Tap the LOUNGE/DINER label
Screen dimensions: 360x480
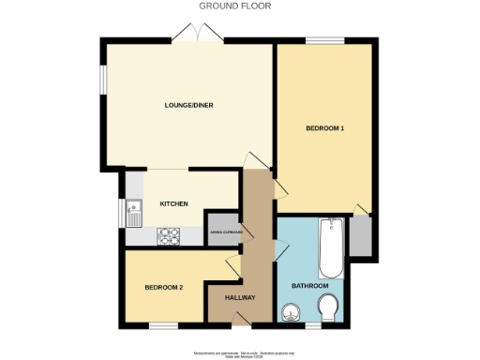[189, 105]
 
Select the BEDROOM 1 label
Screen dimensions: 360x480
[324, 127]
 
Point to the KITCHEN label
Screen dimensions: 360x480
[174, 203]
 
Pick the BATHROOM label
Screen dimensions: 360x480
[309, 285]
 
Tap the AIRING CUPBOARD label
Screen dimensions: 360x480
[225, 232]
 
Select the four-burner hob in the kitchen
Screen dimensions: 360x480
[170, 236]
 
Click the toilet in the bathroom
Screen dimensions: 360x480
[329, 308]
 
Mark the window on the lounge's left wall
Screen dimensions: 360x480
[104, 80]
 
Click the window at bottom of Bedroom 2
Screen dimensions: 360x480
[163, 324]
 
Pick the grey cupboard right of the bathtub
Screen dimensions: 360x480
[359, 238]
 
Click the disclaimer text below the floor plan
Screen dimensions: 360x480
[244, 353]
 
